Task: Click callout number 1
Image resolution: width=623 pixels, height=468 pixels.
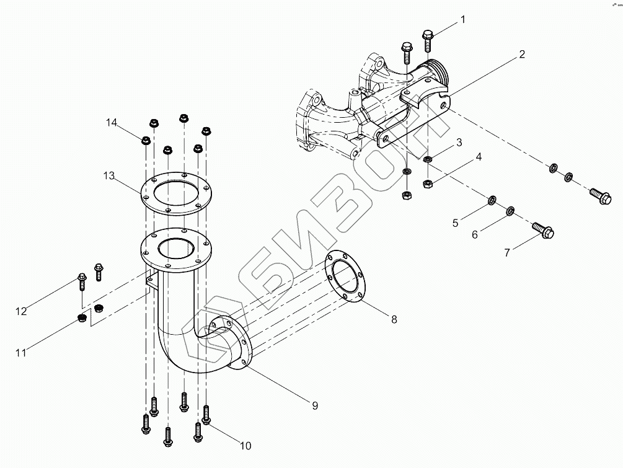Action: click(x=463, y=19)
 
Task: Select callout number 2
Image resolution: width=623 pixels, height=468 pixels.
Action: click(x=522, y=54)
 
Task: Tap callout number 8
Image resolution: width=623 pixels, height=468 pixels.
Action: click(x=394, y=319)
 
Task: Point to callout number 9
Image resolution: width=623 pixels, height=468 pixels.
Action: click(x=315, y=405)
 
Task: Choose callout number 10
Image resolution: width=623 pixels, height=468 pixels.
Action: click(x=245, y=446)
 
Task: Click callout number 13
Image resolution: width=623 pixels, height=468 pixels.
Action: click(x=109, y=175)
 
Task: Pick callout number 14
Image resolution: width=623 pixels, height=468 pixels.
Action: click(x=111, y=122)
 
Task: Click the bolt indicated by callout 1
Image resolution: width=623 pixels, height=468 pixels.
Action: click(x=428, y=40)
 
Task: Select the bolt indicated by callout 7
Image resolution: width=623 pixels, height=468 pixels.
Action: click(x=542, y=230)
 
